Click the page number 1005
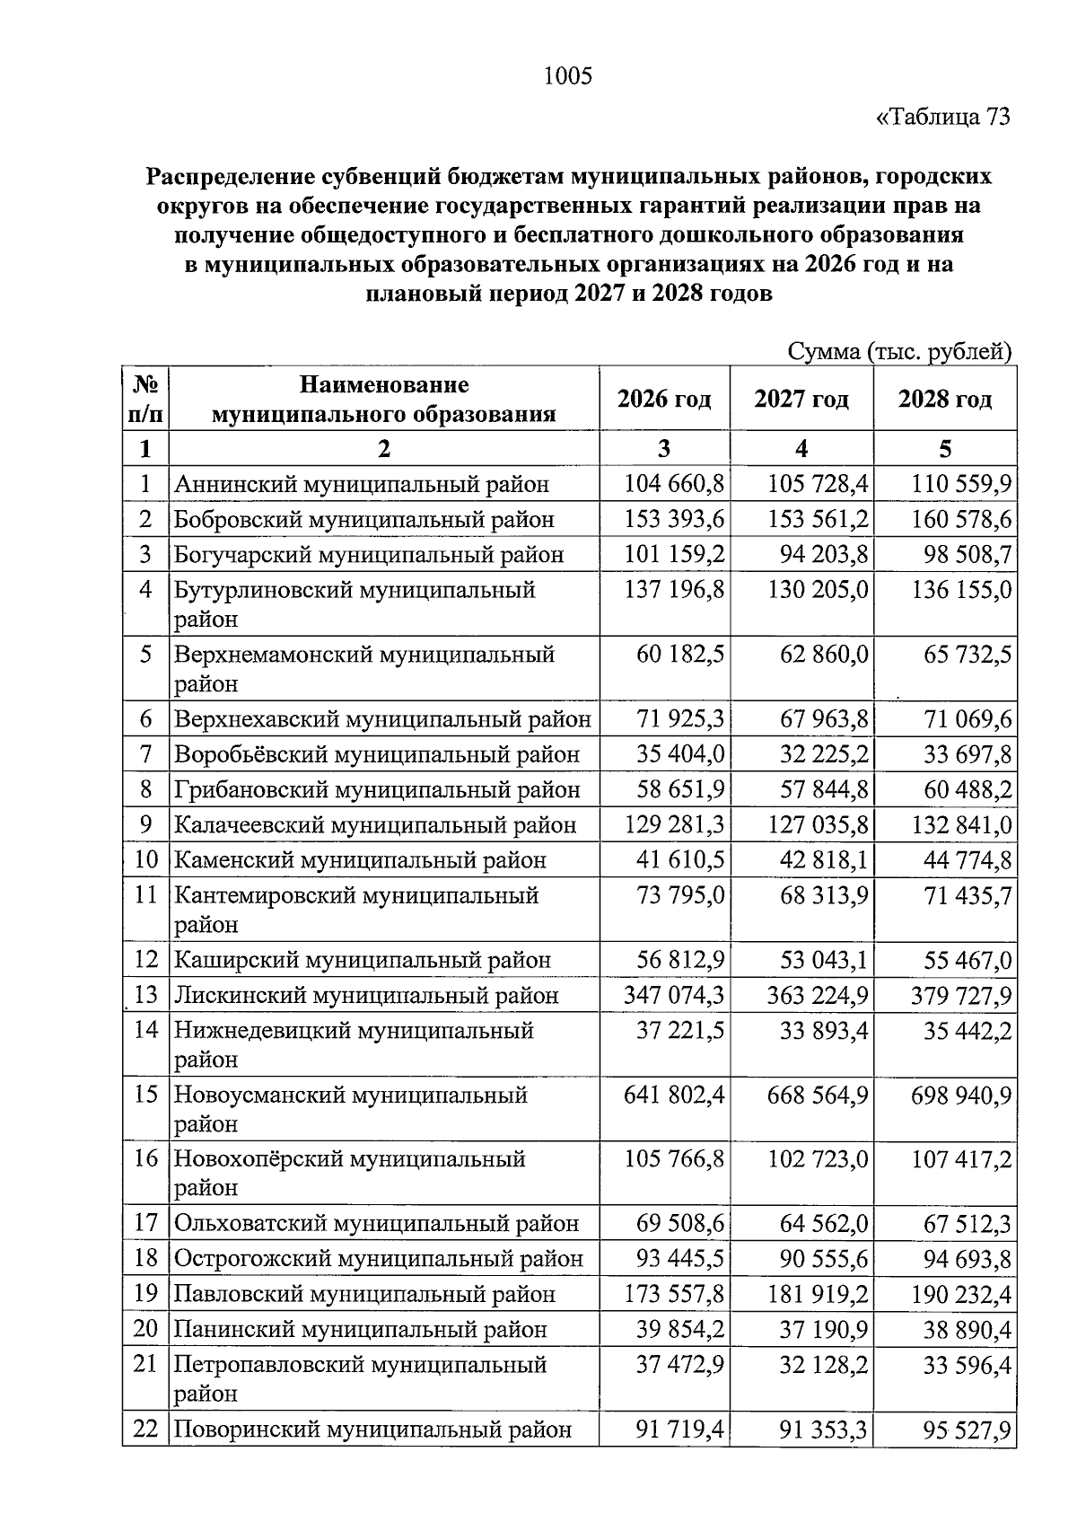coord(568,76)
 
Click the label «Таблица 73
coord(943,118)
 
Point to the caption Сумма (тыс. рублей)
coord(899,351)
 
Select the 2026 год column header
coord(664,399)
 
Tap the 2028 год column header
coord(945,399)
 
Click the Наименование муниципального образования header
coord(383,400)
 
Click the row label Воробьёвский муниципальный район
coord(377,755)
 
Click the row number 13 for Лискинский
coord(146,995)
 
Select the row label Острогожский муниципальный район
coord(378,1259)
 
